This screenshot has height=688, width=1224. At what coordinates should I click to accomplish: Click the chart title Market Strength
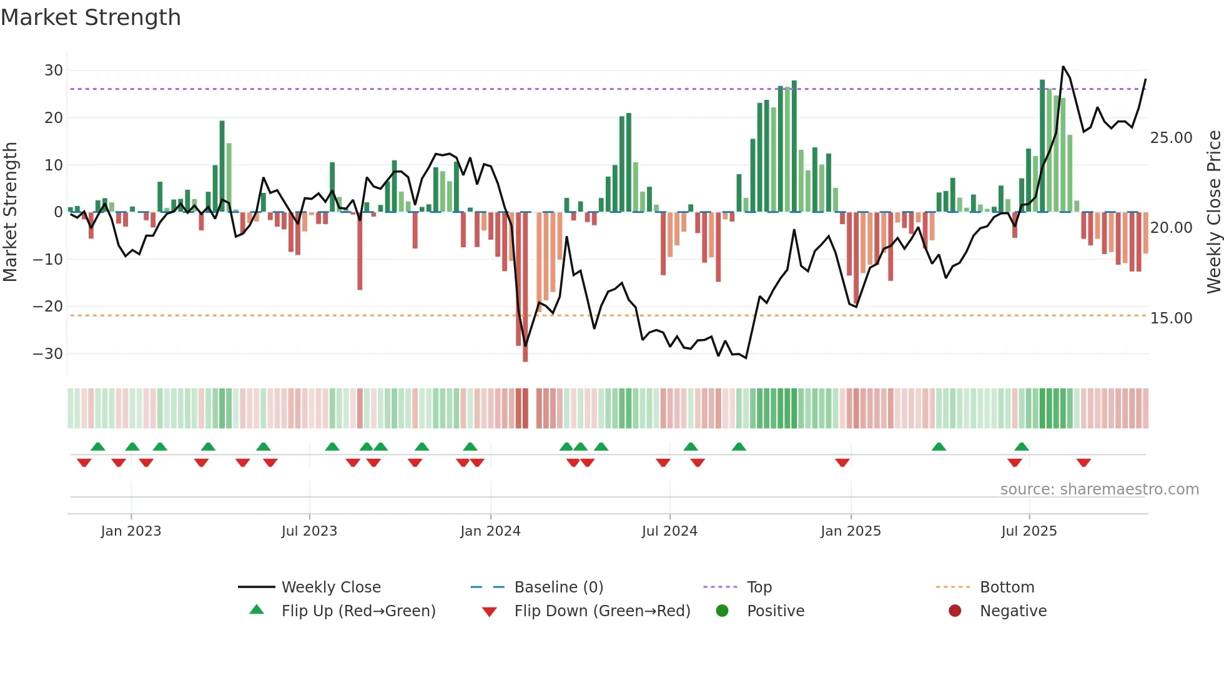tap(91, 17)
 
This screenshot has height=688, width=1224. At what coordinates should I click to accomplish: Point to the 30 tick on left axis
tap(54, 71)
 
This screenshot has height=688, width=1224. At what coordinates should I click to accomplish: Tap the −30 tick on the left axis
tap(48, 354)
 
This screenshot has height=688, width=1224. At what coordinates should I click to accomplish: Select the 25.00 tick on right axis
tap(1171, 138)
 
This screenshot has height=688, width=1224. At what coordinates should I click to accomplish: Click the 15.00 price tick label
tap(1171, 318)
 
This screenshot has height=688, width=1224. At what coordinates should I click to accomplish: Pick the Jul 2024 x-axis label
tap(669, 531)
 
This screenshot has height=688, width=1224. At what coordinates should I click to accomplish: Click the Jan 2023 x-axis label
tap(131, 531)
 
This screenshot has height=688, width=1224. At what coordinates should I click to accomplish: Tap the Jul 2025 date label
tap(1029, 531)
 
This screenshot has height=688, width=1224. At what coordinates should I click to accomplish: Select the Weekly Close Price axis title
tap(1213, 212)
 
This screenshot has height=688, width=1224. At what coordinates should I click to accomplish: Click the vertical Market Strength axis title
tap(10, 212)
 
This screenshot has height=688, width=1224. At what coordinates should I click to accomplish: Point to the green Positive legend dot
tap(722, 611)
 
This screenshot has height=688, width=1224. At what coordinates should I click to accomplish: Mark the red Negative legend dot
tap(955, 611)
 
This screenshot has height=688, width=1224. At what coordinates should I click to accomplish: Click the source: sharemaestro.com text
tap(1099, 489)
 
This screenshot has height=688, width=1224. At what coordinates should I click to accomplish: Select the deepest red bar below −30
tap(525, 287)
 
